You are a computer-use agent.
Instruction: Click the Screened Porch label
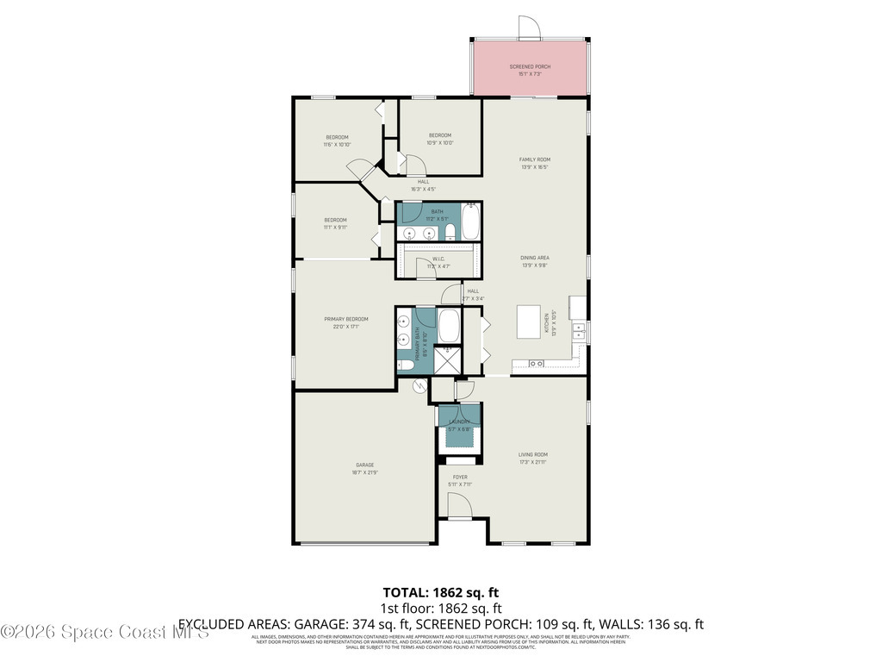[x=530, y=66]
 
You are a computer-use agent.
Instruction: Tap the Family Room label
[x=534, y=159]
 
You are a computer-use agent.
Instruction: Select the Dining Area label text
[x=534, y=258]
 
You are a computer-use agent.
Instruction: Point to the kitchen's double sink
[x=580, y=331]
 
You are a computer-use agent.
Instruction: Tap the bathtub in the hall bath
[x=471, y=222]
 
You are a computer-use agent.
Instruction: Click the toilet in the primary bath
[x=406, y=365]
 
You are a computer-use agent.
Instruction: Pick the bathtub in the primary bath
[x=449, y=326]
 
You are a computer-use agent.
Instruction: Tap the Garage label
[x=364, y=465]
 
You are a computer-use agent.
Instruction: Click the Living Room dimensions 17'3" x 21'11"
[x=532, y=462]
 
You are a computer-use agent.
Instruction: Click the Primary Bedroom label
[x=345, y=319]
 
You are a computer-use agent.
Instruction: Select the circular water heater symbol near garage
[x=419, y=387]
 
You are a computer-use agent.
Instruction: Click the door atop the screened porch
[x=529, y=28]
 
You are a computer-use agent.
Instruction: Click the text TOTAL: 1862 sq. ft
[x=440, y=592]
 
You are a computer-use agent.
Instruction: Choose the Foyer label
[x=460, y=478]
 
